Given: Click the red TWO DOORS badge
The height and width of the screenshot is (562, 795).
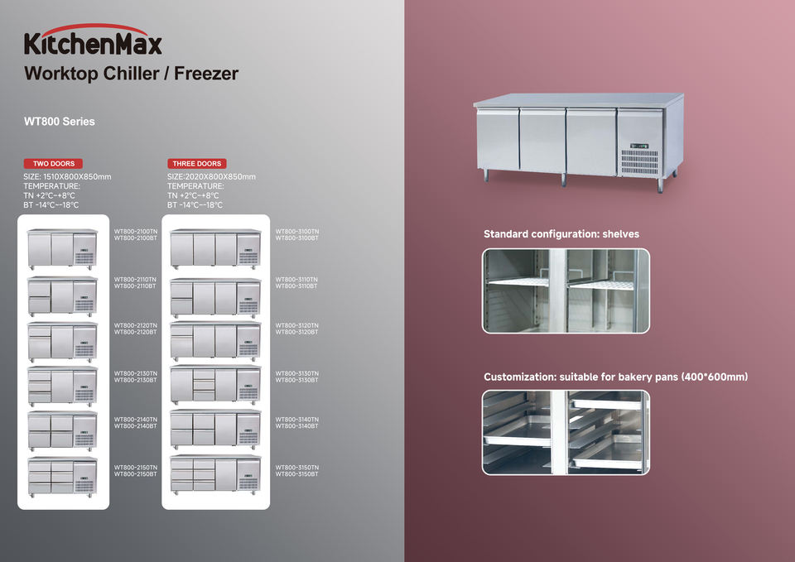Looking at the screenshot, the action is coord(53,164).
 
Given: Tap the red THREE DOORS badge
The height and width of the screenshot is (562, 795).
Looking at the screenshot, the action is coord(195,164).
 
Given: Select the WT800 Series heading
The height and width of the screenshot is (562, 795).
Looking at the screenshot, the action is coord(60,122).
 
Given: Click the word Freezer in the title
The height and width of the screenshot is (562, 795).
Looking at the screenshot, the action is coord(206,74).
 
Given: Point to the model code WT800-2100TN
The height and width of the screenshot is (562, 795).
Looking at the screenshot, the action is coord(135,231).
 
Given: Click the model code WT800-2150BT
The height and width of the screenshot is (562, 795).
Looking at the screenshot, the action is coord(135,474).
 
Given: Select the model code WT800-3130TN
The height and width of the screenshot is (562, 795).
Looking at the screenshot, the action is coord(296,373).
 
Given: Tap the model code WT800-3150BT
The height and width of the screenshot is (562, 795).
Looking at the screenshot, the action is coord(296,474).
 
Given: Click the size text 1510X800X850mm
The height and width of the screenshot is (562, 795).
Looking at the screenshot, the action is coord(79,176).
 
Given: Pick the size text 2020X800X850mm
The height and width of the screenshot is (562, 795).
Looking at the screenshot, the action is coord(222,176).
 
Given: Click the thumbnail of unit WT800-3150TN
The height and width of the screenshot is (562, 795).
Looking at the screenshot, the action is coord(215,473).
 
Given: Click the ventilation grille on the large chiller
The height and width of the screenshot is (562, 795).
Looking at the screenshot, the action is coord(639,161).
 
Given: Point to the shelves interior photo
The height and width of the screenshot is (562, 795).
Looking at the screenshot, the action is coord(566,291).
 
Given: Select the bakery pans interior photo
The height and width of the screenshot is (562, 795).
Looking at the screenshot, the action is coord(566,432).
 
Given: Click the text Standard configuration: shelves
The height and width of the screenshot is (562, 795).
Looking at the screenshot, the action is coord(561,234).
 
